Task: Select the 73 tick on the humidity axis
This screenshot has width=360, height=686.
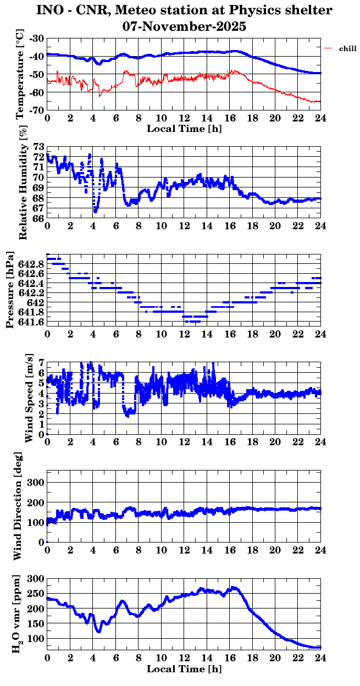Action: (x=39, y=147)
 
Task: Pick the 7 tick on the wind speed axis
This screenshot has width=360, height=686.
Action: (x=41, y=365)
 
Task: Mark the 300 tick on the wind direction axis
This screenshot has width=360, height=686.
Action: (x=35, y=483)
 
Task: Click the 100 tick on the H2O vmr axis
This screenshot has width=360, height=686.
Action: (x=36, y=639)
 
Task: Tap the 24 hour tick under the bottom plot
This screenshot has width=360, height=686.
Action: (x=320, y=657)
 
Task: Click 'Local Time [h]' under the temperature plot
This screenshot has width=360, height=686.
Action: (x=184, y=128)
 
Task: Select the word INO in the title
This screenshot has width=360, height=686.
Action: (x=48, y=10)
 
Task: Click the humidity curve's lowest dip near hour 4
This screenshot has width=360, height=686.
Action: (x=95, y=211)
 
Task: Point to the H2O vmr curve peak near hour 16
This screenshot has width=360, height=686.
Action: (x=234, y=588)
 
